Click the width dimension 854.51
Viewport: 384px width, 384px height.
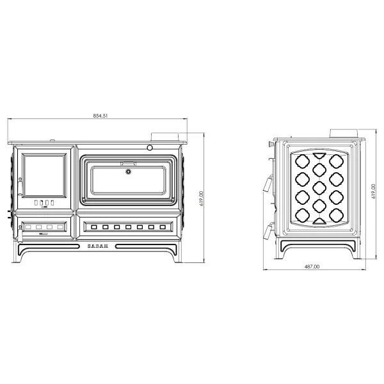point(100,116)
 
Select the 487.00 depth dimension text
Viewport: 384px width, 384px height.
point(312,266)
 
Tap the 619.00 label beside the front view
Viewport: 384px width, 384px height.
point(202,198)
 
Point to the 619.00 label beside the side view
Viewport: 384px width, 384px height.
point(374,191)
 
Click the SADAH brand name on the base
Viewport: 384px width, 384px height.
point(98,246)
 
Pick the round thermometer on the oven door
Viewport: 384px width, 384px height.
point(128,172)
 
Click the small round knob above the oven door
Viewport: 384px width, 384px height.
point(150,148)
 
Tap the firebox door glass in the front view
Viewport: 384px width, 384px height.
point(44,175)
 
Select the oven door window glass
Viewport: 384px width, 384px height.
point(128,180)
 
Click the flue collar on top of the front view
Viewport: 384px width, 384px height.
point(165,137)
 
